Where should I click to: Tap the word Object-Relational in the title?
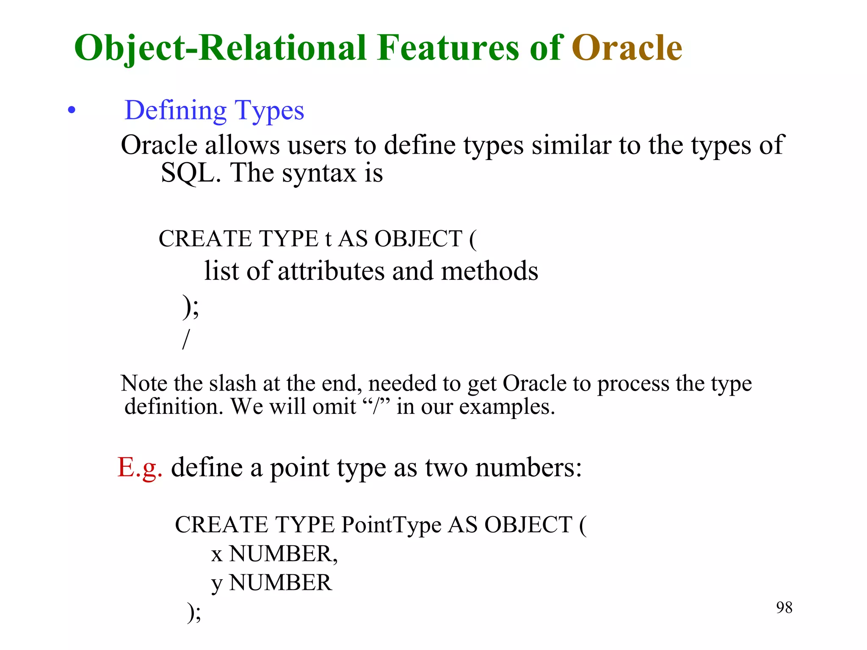(220, 48)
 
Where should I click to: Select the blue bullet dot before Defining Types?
(72, 110)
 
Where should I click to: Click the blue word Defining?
(176, 110)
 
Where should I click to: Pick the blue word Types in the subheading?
(269, 111)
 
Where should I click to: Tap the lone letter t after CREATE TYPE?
(328, 239)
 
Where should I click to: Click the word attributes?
(331, 271)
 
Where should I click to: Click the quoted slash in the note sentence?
(376, 407)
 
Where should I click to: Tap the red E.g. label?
(140, 468)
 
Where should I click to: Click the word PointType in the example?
(392, 525)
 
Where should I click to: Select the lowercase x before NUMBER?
(217, 555)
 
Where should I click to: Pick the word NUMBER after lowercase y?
(280, 583)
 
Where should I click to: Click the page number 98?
(784, 608)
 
